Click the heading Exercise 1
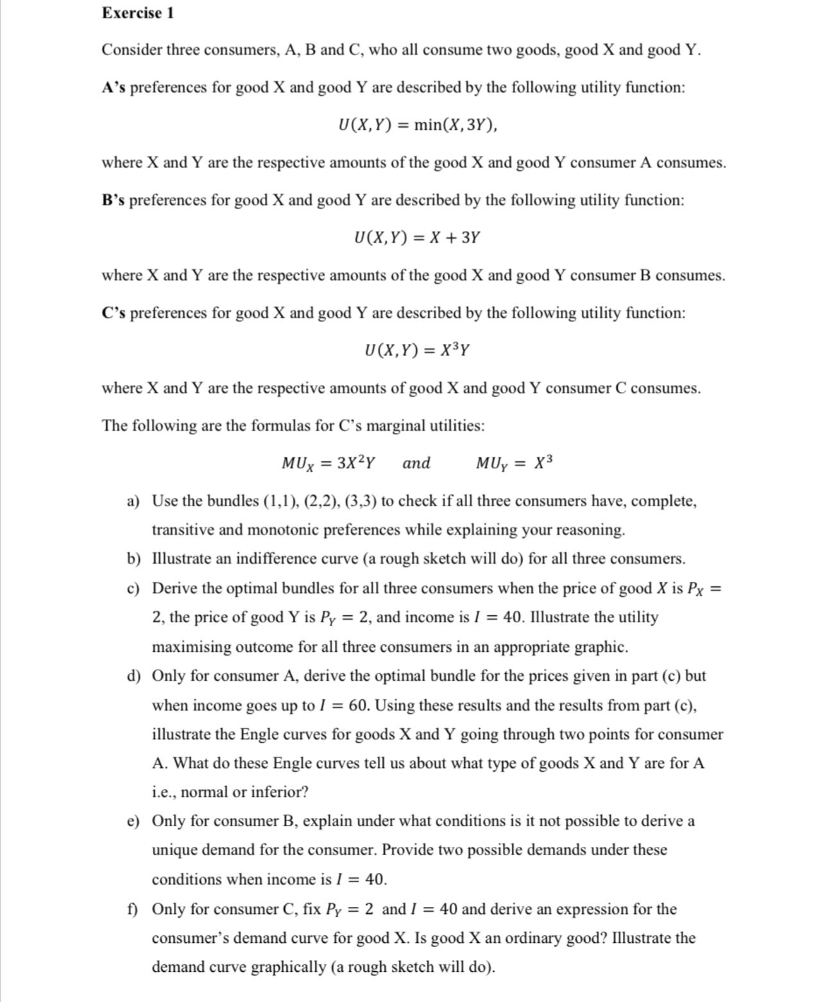point(138,13)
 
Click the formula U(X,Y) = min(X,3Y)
point(418,124)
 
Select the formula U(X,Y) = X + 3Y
point(417,238)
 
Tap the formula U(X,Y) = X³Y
point(417,350)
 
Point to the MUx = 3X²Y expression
point(329,463)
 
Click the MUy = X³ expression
point(514,463)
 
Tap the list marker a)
point(133,501)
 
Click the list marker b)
point(133,559)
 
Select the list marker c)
point(133,588)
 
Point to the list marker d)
point(133,675)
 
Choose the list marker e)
point(133,821)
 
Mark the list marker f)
point(132,909)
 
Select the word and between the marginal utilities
point(416,463)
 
